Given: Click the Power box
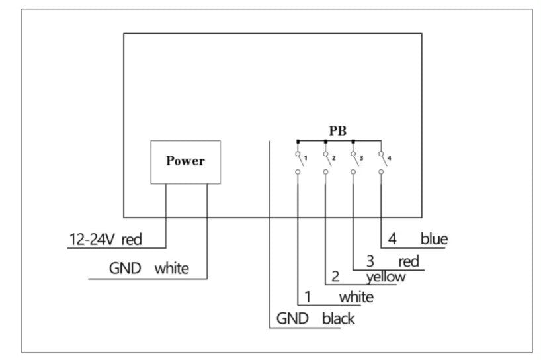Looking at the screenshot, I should coord(185,161).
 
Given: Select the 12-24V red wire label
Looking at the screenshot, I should coord(105,239).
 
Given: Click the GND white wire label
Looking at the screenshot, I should coord(149,269).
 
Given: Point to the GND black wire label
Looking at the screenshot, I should coord(315,318).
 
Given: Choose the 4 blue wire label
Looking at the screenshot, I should coord(417,239).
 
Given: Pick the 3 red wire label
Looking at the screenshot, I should coord(390,261).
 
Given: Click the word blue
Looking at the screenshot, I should coord(434,239).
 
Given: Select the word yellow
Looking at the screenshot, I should coord(386,277).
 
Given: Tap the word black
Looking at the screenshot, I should coord(338,318).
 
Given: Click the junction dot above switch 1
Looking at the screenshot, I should coord(298,141).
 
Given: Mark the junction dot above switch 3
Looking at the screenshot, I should coord(353,141).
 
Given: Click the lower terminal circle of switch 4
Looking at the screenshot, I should coord(381,172).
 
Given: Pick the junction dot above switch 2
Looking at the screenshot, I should coord(326,141).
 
